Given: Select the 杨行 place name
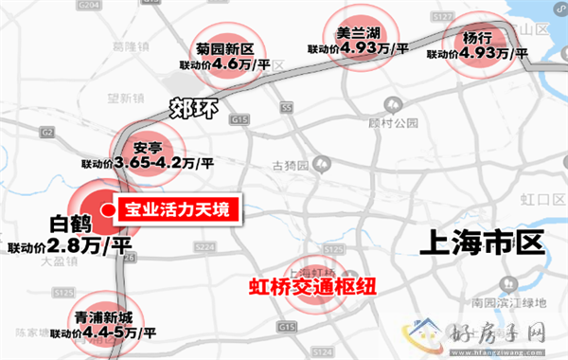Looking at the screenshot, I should coord(477,39).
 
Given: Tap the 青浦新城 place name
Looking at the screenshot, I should coord(103,318).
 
